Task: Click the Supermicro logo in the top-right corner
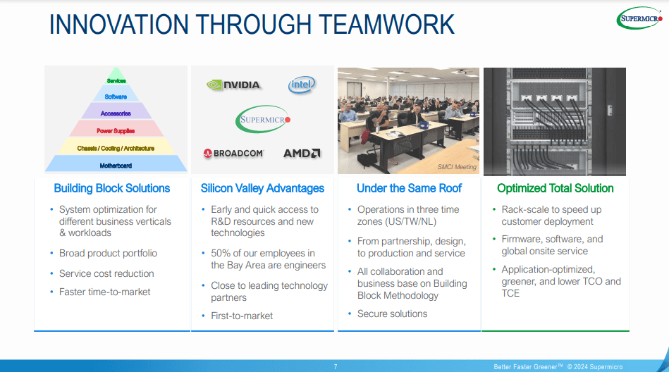(x=640, y=18)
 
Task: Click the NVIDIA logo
(x=233, y=85)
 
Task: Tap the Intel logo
(x=302, y=85)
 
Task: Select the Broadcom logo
(x=233, y=153)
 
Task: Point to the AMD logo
(x=302, y=153)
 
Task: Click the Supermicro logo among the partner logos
(x=262, y=119)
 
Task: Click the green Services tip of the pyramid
(x=116, y=81)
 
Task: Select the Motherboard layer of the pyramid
(x=116, y=166)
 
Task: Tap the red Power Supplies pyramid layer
(x=116, y=131)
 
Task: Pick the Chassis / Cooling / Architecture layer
(x=116, y=148)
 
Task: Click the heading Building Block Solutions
(x=112, y=188)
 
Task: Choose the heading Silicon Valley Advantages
(x=262, y=188)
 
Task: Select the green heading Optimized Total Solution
(x=555, y=188)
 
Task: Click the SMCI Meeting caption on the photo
(x=456, y=167)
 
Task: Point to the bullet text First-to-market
(x=242, y=316)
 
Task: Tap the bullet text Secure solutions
(x=392, y=314)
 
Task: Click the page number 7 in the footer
(x=336, y=366)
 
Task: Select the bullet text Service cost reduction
(x=106, y=273)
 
